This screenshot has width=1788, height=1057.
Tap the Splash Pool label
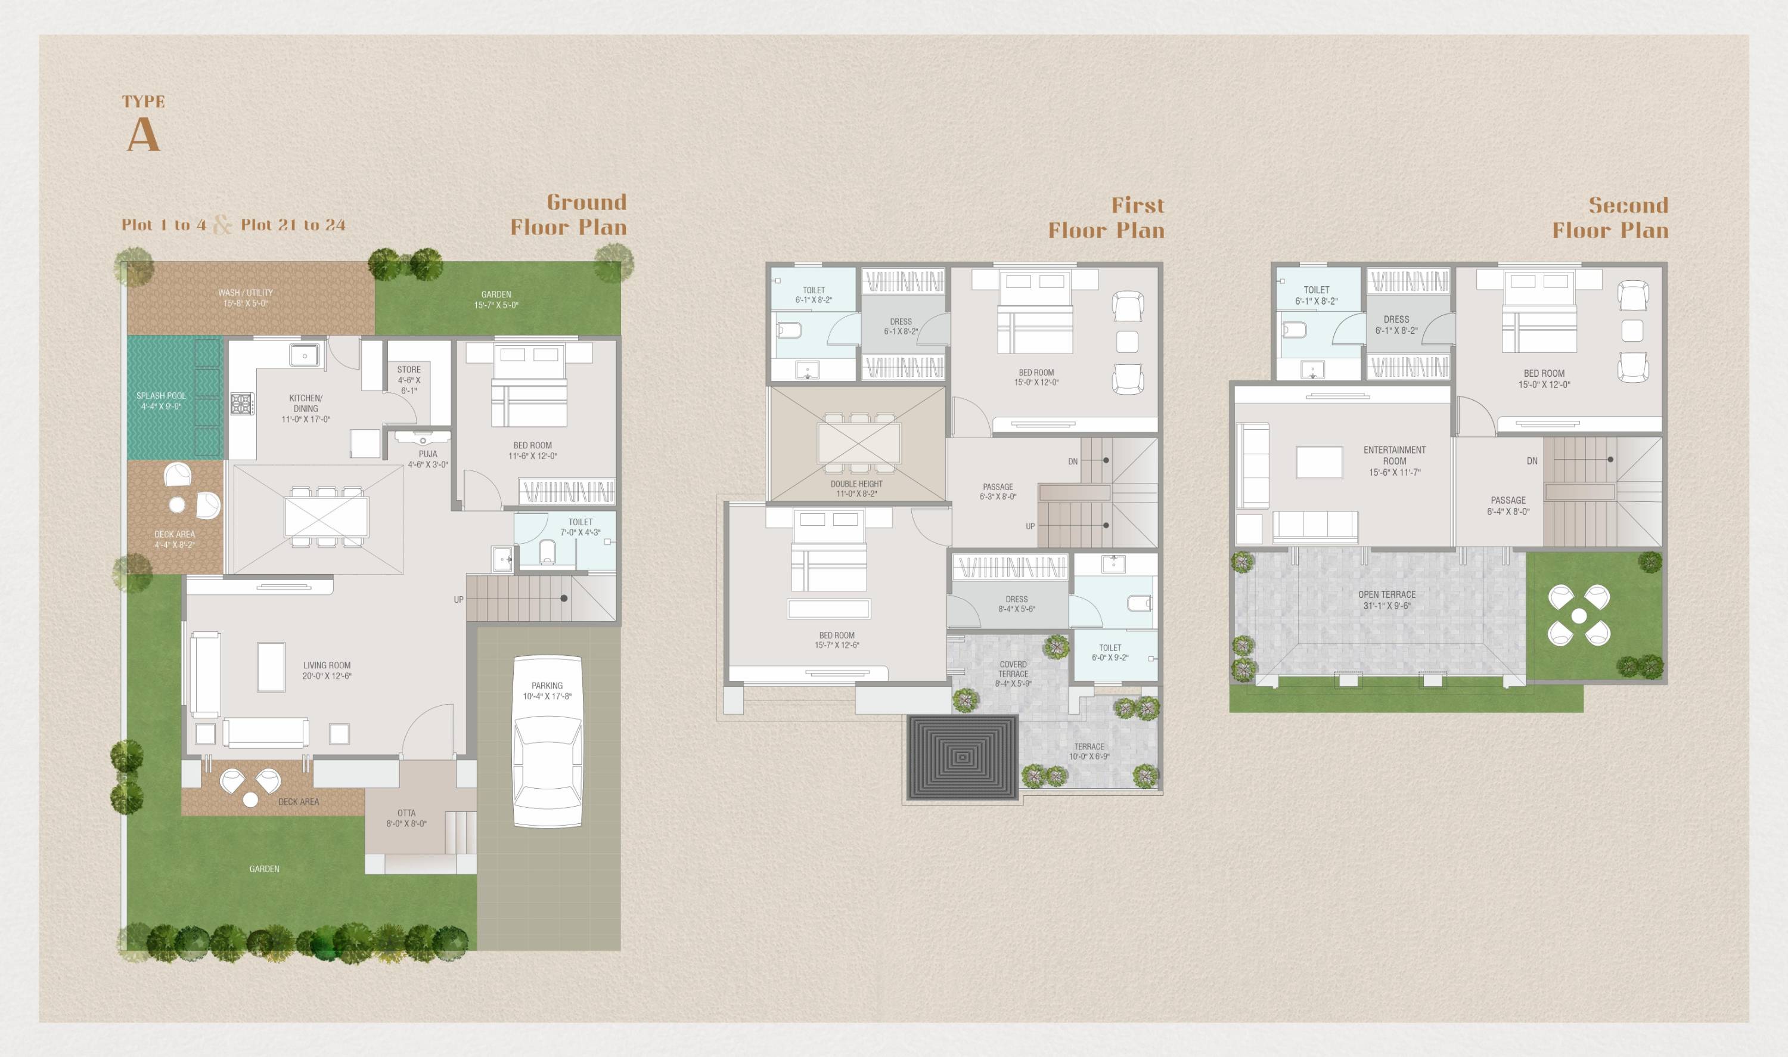click(x=161, y=396)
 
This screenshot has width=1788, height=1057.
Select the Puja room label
click(x=428, y=454)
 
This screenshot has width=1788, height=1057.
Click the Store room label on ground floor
click(x=409, y=370)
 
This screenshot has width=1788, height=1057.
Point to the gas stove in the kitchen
click(x=241, y=404)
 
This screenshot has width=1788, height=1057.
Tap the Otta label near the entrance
click(x=406, y=813)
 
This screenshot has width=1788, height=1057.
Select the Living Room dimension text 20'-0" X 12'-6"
click(x=327, y=676)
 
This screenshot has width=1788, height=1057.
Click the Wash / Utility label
click(x=246, y=293)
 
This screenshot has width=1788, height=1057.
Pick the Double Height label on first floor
click(x=856, y=483)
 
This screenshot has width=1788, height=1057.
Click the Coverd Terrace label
click(x=1013, y=669)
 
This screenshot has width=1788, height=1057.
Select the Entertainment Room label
click(x=1394, y=455)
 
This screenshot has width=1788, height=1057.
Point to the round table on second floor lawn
click(x=1579, y=615)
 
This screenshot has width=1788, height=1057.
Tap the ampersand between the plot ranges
click(x=223, y=225)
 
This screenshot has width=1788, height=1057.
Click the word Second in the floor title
click(x=1628, y=206)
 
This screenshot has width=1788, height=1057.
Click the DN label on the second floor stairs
click(x=1532, y=461)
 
